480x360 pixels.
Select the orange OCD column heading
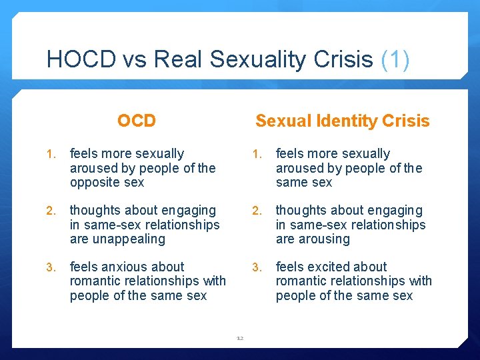[x=136, y=121]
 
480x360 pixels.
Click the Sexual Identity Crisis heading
[x=342, y=121]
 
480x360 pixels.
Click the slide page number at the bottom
[x=240, y=338]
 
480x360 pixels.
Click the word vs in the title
[x=133, y=60]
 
